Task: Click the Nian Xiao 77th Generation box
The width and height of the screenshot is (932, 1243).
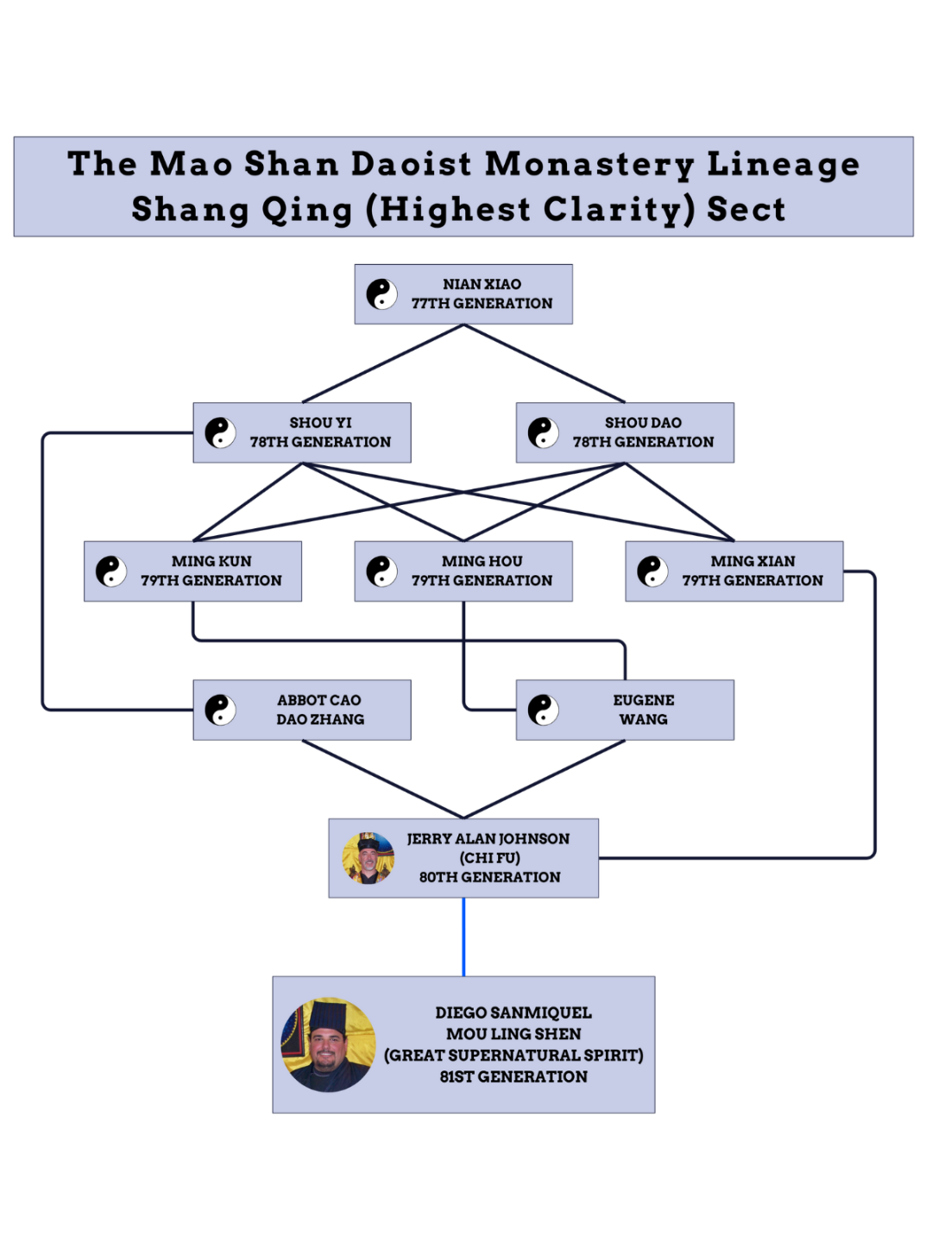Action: [x=463, y=294]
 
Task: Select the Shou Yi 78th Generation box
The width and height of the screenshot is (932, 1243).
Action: [x=302, y=432]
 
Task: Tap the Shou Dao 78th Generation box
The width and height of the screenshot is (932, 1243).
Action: [x=625, y=432]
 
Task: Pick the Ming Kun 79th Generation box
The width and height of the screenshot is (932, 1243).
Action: [x=192, y=571]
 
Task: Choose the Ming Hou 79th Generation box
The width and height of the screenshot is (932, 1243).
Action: [x=463, y=571]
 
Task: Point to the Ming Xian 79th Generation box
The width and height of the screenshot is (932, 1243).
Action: [x=734, y=571]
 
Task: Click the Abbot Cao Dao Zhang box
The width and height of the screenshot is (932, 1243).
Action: [x=302, y=710]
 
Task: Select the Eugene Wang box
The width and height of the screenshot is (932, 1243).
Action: [x=625, y=710]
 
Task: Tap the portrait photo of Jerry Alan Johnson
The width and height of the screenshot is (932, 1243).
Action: [x=368, y=858]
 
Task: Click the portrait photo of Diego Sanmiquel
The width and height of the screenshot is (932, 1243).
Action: [x=329, y=1045]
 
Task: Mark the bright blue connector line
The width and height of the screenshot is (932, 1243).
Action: [x=463, y=937]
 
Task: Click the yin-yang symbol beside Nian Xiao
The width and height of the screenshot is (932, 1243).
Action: [x=381, y=294]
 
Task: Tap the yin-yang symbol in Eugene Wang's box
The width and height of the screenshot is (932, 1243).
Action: [x=544, y=710]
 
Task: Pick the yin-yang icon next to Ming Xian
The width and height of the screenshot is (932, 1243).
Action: [x=652, y=571]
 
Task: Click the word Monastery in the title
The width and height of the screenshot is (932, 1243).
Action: [x=589, y=164]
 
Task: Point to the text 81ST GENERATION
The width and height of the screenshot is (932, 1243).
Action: [x=513, y=1076]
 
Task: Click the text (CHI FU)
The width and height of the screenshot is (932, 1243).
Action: [x=489, y=858]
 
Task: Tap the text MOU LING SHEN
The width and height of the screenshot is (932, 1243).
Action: [x=513, y=1034]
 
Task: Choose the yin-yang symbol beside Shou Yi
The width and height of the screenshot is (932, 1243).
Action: [x=220, y=432]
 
